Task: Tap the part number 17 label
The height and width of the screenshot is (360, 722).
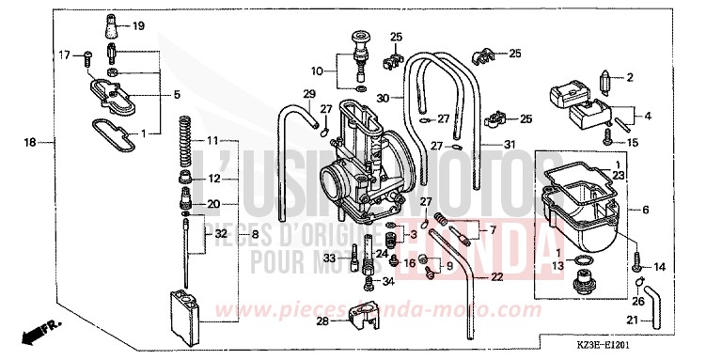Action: tap(65, 55)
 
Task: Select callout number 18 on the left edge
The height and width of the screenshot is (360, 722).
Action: tap(29, 143)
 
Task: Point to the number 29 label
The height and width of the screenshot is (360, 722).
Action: tap(308, 92)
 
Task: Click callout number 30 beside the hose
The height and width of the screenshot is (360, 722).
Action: tap(382, 97)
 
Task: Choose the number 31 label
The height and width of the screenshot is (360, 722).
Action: tap(510, 144)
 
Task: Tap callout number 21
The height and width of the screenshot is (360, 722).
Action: tap(632, 321)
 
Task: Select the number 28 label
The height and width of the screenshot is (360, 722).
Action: tap(322, 321)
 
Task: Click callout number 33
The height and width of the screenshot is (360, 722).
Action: tap(329, 258)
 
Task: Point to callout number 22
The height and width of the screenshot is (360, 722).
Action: tap(496, 275)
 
